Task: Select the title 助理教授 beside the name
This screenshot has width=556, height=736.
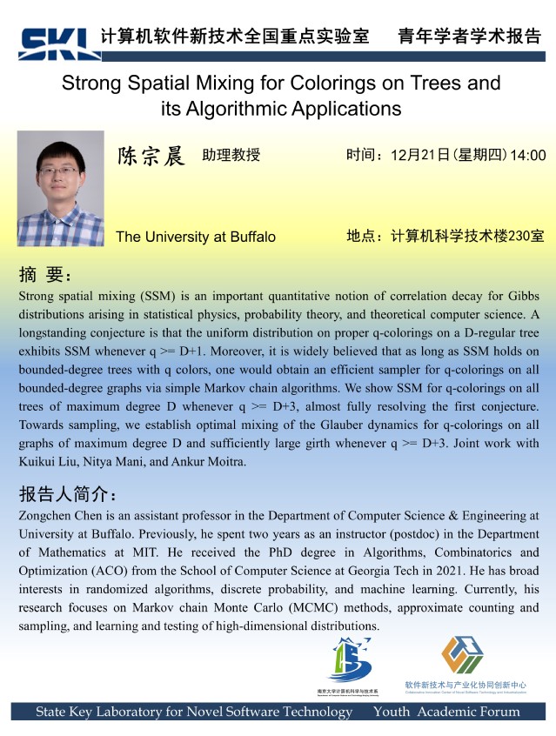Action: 231,156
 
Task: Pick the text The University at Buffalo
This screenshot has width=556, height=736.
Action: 195,237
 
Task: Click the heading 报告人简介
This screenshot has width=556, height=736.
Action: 68,495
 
